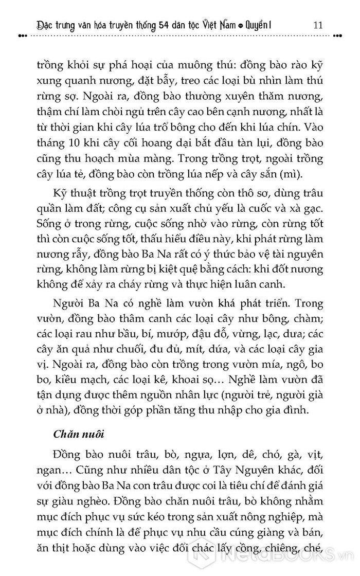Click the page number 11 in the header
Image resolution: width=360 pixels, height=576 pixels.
point(317,25)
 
